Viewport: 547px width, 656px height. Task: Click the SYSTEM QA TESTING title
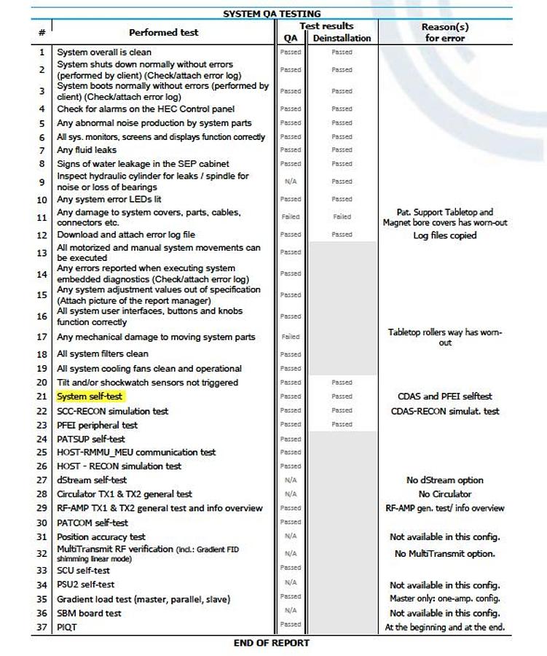[x=271, y=14]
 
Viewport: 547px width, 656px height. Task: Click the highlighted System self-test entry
[x=90, y=397]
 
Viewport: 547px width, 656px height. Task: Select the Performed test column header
[x=163, y=32]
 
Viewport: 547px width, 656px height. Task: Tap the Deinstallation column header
[x=342, y=38]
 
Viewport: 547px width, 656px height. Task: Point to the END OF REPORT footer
[x=271, y=643]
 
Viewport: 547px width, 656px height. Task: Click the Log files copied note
[x=444, y=235]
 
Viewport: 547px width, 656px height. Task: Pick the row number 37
[x=42, y=627]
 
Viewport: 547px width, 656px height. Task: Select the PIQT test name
[x=67, y=627]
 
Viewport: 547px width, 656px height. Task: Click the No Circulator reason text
[x=444, y=494]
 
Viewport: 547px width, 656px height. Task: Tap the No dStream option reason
[x=444, y=480]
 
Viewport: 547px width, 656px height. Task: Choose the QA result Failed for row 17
[x=290, y=337]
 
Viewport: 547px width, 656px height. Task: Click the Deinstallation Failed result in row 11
[x=342, y=216]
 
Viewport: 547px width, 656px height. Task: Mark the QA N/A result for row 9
[x=290, y=181]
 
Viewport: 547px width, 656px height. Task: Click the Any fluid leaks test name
[x=87, y=150]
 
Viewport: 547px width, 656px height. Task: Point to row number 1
[x=42, y=52]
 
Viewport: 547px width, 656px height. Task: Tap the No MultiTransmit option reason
[x=444, y=553]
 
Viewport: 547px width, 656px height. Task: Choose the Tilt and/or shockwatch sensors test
[x=148, y=383]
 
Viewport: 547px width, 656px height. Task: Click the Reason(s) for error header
[x=444, y=32]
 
